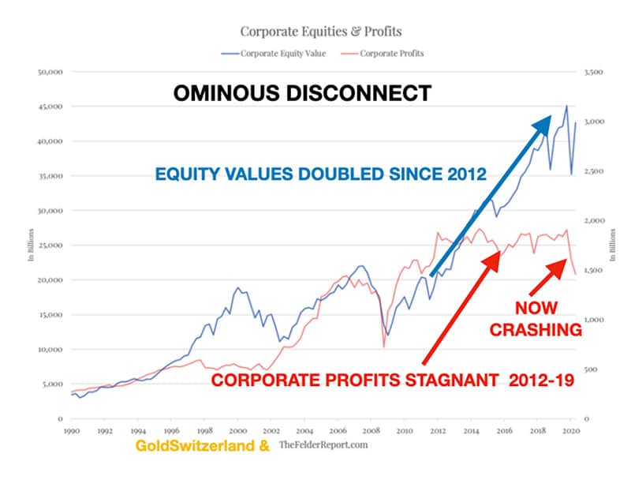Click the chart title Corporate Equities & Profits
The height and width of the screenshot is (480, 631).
click(x=321, y=32)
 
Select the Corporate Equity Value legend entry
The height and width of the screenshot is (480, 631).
click(x=274, y=54)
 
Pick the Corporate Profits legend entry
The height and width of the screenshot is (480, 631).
click(x=383, y=54)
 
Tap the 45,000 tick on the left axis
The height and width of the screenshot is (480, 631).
click(x=50, y=107)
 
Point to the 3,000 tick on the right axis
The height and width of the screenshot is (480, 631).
click(x=594, y=122)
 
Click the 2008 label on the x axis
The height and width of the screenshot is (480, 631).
click(x=371, y=431)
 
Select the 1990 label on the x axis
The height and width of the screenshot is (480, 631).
click(x=72, y=431)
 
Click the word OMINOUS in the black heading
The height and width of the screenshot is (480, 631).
click(x=226, y=93)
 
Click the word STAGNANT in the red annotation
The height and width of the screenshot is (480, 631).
click(x=452, y=380)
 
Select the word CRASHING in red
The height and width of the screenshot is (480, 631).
click(x=536, y=330)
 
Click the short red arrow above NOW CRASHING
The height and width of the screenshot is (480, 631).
click(x=548, y=277)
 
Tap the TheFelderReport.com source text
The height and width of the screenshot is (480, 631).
click(x=323, y=444)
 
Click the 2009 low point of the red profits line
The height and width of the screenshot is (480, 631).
click(x=384, y=347)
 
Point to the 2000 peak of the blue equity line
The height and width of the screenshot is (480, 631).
click(x=238, y=287)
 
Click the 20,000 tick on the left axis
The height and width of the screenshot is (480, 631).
click(x=50, y=279)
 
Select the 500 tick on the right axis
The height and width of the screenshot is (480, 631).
click(x=591, y=369)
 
